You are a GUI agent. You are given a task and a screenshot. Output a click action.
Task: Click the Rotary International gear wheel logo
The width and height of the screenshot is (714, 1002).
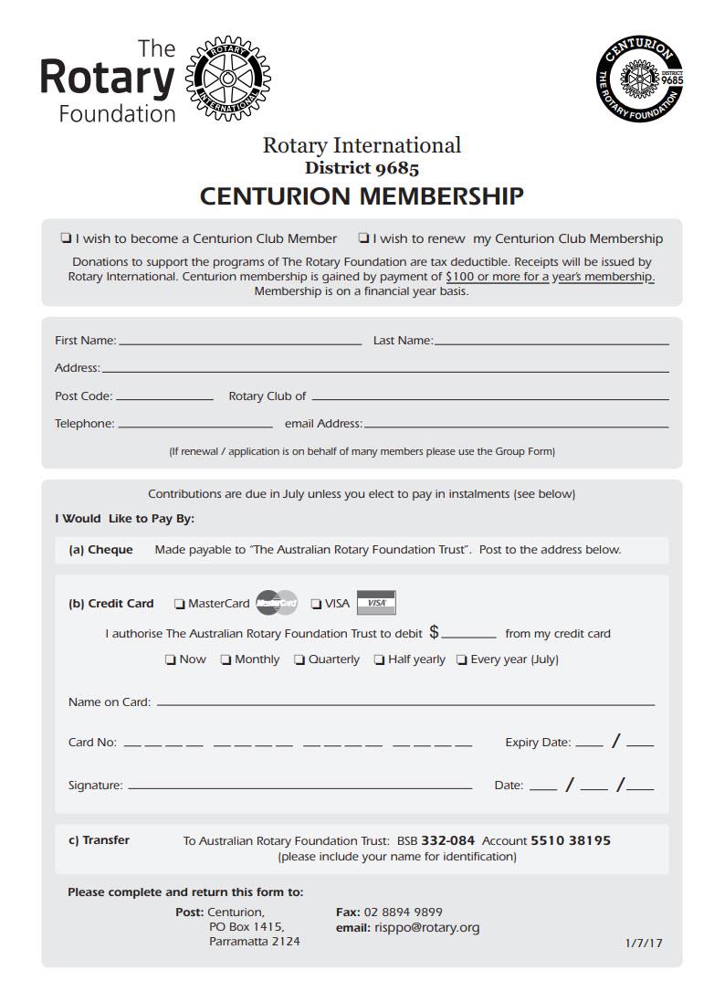pos(228,79)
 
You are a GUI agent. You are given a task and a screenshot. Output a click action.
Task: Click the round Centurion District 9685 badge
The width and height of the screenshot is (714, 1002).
pos(641,79)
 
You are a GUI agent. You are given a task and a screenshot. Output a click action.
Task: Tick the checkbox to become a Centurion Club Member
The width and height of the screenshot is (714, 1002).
pos(66,238)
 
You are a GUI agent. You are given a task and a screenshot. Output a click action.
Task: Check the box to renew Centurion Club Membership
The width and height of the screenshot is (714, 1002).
pos(363,238)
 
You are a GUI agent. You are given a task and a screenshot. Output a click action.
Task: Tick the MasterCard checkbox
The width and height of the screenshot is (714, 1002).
pos(180,604)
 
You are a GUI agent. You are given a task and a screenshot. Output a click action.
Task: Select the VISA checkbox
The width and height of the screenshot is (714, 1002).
pos(316,604)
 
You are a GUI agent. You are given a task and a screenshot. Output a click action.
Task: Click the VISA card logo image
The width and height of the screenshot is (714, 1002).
pos(376,603)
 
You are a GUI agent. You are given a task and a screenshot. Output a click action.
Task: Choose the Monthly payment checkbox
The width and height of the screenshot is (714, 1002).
pos(226,659)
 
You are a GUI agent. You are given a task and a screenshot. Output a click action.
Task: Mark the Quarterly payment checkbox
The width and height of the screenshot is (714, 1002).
pos(299,659)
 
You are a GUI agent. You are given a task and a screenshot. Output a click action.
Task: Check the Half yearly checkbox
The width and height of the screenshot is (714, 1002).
pos(379,659)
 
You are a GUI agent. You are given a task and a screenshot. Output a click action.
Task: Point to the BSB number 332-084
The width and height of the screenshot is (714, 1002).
pos(448,840)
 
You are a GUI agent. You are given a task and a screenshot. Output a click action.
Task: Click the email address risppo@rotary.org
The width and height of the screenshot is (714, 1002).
pos(426,927)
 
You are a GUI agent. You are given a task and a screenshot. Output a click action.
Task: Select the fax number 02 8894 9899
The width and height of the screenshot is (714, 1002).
pos(403,912)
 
